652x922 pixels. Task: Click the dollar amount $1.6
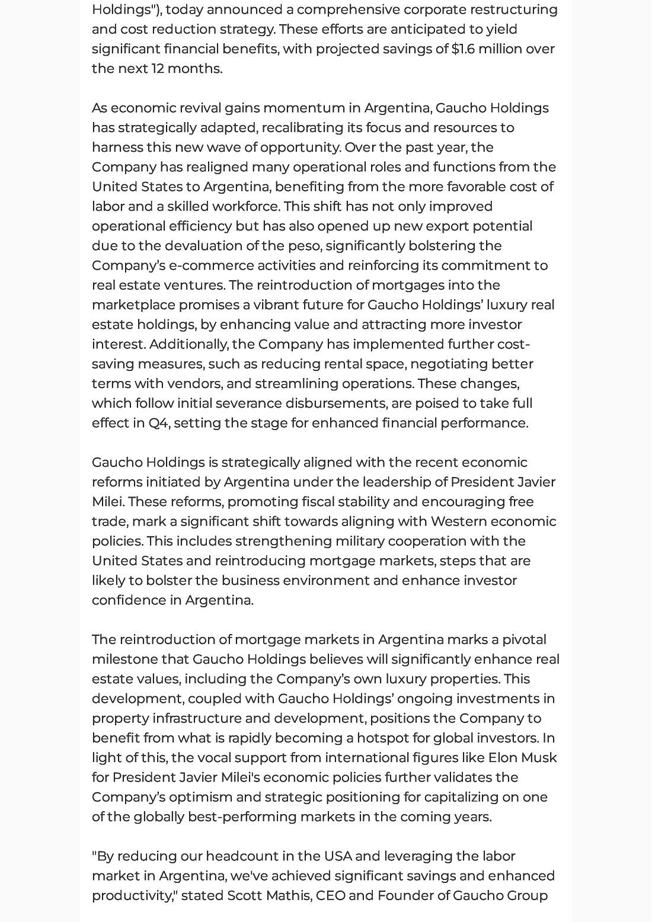point(463,49)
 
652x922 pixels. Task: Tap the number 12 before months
point(158,69)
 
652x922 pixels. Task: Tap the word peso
point(303,246)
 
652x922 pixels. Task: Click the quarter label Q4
point(158,423)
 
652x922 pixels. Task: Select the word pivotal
point(524,640)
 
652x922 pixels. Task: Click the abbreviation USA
point(338,856)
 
